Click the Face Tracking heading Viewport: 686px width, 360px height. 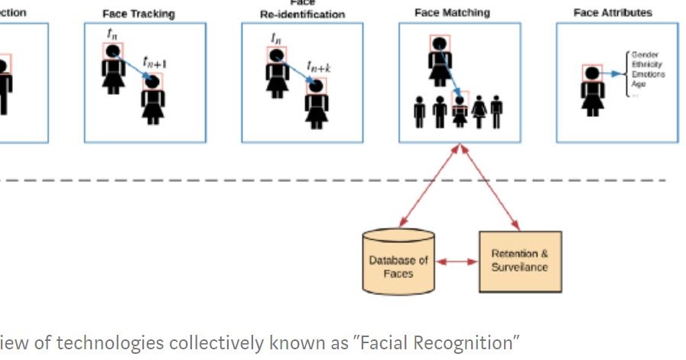[x=138, y=14]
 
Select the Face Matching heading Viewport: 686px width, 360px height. [x=452, y=13]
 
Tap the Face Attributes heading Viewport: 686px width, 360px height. [x=613, y=13]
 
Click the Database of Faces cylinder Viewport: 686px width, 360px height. [x=398, y=261]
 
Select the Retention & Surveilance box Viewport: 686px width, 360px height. [x=520, y=261]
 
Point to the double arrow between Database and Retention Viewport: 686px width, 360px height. [x=457, y=261]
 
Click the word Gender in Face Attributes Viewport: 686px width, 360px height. [x=642, y=55]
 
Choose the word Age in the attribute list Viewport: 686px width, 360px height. [x=639, y=84]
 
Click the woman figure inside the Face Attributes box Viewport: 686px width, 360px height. [x=592, y=89]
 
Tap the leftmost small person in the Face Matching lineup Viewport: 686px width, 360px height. [x=419, y=112]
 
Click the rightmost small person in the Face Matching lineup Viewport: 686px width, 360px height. [x=497, y=112]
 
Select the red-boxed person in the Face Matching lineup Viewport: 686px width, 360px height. [x=459, y=112]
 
